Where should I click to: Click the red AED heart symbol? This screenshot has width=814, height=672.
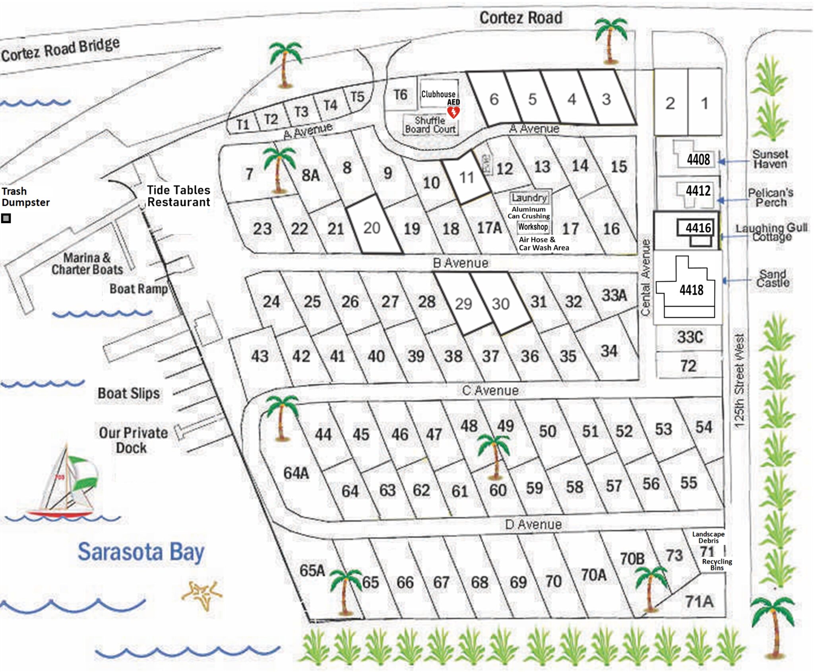[x=454, y=113]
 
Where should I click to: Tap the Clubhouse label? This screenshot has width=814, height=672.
[x=438, y=94]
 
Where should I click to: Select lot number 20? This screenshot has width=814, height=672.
[x=372, y=228]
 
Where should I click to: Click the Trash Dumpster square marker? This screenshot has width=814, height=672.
[x=6, y=218]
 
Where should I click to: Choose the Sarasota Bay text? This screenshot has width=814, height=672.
[x=141, y=552]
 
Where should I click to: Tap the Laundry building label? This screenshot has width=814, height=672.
[x=529, y=198]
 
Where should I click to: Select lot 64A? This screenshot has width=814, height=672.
[x=296, y=473]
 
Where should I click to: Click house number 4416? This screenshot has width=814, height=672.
[x=698, y=228]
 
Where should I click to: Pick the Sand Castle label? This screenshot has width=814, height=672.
[x=773, y=278]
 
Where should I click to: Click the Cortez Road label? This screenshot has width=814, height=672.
[x=521, y=18]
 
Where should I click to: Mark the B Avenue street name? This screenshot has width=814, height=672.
[x=461, y=263]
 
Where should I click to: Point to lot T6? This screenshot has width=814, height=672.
[x=400, y=95]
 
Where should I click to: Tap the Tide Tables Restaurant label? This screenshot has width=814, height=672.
[x=178, y=196]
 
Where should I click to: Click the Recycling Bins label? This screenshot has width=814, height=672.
[x=717, y=564]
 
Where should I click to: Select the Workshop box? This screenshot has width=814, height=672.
[x=533, y=227]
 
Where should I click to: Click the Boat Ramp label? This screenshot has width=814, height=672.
[x=139, y=289]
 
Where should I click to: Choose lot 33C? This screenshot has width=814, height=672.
[x=690, y=337]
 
